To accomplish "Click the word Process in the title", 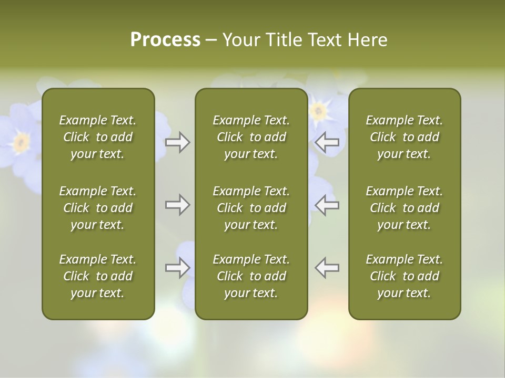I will (x=165, y=40).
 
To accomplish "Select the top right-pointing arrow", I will (x=178, y=142).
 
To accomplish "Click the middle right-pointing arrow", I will (x=178, y=205).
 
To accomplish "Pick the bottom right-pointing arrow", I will (x=178, y=267).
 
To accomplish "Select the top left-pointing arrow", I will (x=327, y=142).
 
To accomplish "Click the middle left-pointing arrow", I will (x=327, y=205).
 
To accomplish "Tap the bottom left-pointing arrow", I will (x=327, y=267).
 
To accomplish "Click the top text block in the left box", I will (x=98, y=137).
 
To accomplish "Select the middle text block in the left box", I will (x=98, y=208).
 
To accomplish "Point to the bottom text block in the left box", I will (x=98, y=276).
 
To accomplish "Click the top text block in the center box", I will (x=251, y=137).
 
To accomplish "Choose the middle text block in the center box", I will (x=251, y=208).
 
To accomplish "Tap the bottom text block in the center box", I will (x=251, y=276).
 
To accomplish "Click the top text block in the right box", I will (x=404, y=137).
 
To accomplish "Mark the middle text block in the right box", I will (x=404, y=208).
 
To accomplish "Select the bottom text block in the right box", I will (x=404, y=276).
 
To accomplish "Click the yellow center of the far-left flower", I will (x=22, y=141).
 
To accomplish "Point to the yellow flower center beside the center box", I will (x=318, y=111).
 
